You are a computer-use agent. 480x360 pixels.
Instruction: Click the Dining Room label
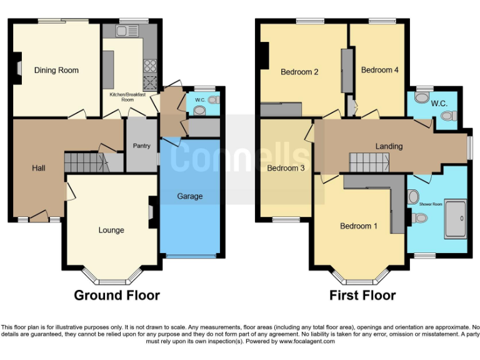point(56,70)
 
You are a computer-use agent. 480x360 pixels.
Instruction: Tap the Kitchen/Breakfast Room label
point(122,97)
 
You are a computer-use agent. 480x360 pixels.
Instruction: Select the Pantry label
point(142,146)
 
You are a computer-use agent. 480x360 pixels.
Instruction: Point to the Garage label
point(189,196)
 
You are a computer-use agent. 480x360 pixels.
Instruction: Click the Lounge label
point(111,230)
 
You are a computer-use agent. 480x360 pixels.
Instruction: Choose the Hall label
point(38,168)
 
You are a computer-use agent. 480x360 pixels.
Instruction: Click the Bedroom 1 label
point(358,226)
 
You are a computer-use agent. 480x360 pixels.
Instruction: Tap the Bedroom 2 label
point(299,72)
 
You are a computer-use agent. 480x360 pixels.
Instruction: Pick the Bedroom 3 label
point(286,168)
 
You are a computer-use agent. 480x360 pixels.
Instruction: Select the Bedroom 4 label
point(379,70)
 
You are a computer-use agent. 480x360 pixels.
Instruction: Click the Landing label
point(389,146)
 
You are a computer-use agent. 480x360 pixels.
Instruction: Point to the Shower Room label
point(431,204)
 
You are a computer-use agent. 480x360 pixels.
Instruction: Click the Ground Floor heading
point(117,295)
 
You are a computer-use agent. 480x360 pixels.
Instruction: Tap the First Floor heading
point(362,295)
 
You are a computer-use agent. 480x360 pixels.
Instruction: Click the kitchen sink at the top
point(131,30)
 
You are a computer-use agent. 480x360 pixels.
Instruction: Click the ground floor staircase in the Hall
point(86,162)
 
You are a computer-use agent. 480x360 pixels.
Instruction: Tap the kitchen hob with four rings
point(151,64)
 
